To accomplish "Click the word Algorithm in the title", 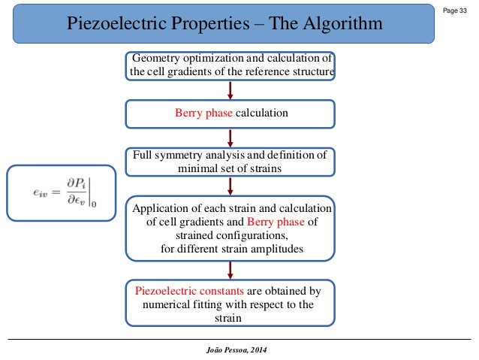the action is pyautogui.click(x=336, y=24).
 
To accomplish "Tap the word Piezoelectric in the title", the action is pyautogui.click(x=115, y=24).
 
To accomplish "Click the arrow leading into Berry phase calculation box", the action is pyautogui.click(x=230, y=89).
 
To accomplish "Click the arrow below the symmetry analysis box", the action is pyautogui.click(x=230, y=186).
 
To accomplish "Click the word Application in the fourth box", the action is pyautogui.click(x=164, y=208).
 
